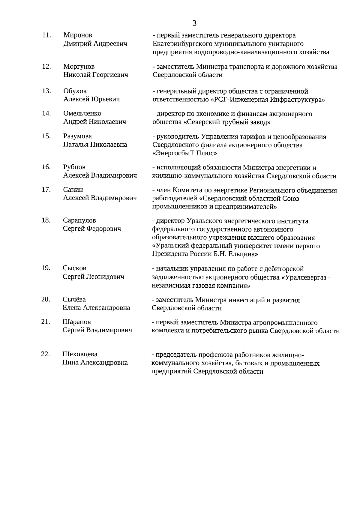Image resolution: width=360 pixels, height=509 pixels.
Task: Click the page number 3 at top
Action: point(194,23)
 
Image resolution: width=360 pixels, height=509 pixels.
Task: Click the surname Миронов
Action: point(78,35)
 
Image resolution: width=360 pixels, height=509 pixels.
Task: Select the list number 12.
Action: point(46,67)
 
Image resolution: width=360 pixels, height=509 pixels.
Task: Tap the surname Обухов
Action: point(75,91)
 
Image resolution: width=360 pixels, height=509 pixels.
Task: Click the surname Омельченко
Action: point(82,114)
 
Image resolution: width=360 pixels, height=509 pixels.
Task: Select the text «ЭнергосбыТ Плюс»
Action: point(185,153)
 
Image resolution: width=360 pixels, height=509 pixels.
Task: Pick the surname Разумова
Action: point(77,136)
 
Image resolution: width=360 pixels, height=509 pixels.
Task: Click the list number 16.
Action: point(46,167)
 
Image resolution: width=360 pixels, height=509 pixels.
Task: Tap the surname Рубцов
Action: point(74,167)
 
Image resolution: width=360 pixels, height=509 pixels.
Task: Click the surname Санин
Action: point(73,190)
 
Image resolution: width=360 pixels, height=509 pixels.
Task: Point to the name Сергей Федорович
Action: point(92,229)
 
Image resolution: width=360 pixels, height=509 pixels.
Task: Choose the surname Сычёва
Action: point(74,300)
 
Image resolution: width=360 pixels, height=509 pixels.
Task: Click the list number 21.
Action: point(45,322)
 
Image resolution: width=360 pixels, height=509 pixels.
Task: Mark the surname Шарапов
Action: point(76,322)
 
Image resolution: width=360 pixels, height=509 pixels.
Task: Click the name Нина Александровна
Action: point(95,363)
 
